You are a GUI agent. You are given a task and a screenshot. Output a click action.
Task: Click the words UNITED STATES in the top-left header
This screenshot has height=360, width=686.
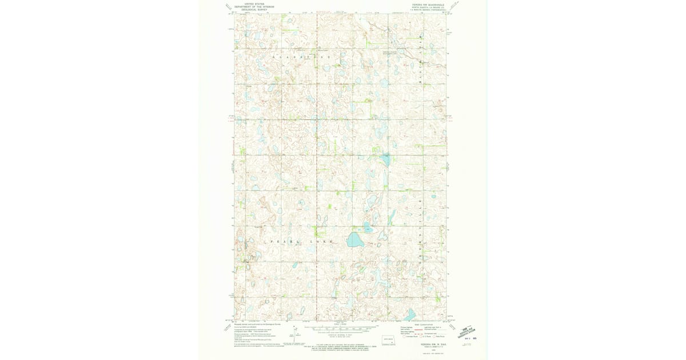(x=254, y=3)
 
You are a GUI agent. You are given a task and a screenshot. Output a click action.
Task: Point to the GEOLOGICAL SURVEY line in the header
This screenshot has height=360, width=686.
(x=254, y=10)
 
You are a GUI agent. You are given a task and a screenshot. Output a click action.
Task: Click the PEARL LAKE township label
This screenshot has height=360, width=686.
(x=292, y=242)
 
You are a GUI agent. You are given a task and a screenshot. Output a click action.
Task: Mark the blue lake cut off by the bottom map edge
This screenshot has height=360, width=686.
(x=409, y=315)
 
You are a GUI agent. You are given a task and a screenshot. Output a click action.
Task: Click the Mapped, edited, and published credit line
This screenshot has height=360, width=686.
(x=257, y=324)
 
